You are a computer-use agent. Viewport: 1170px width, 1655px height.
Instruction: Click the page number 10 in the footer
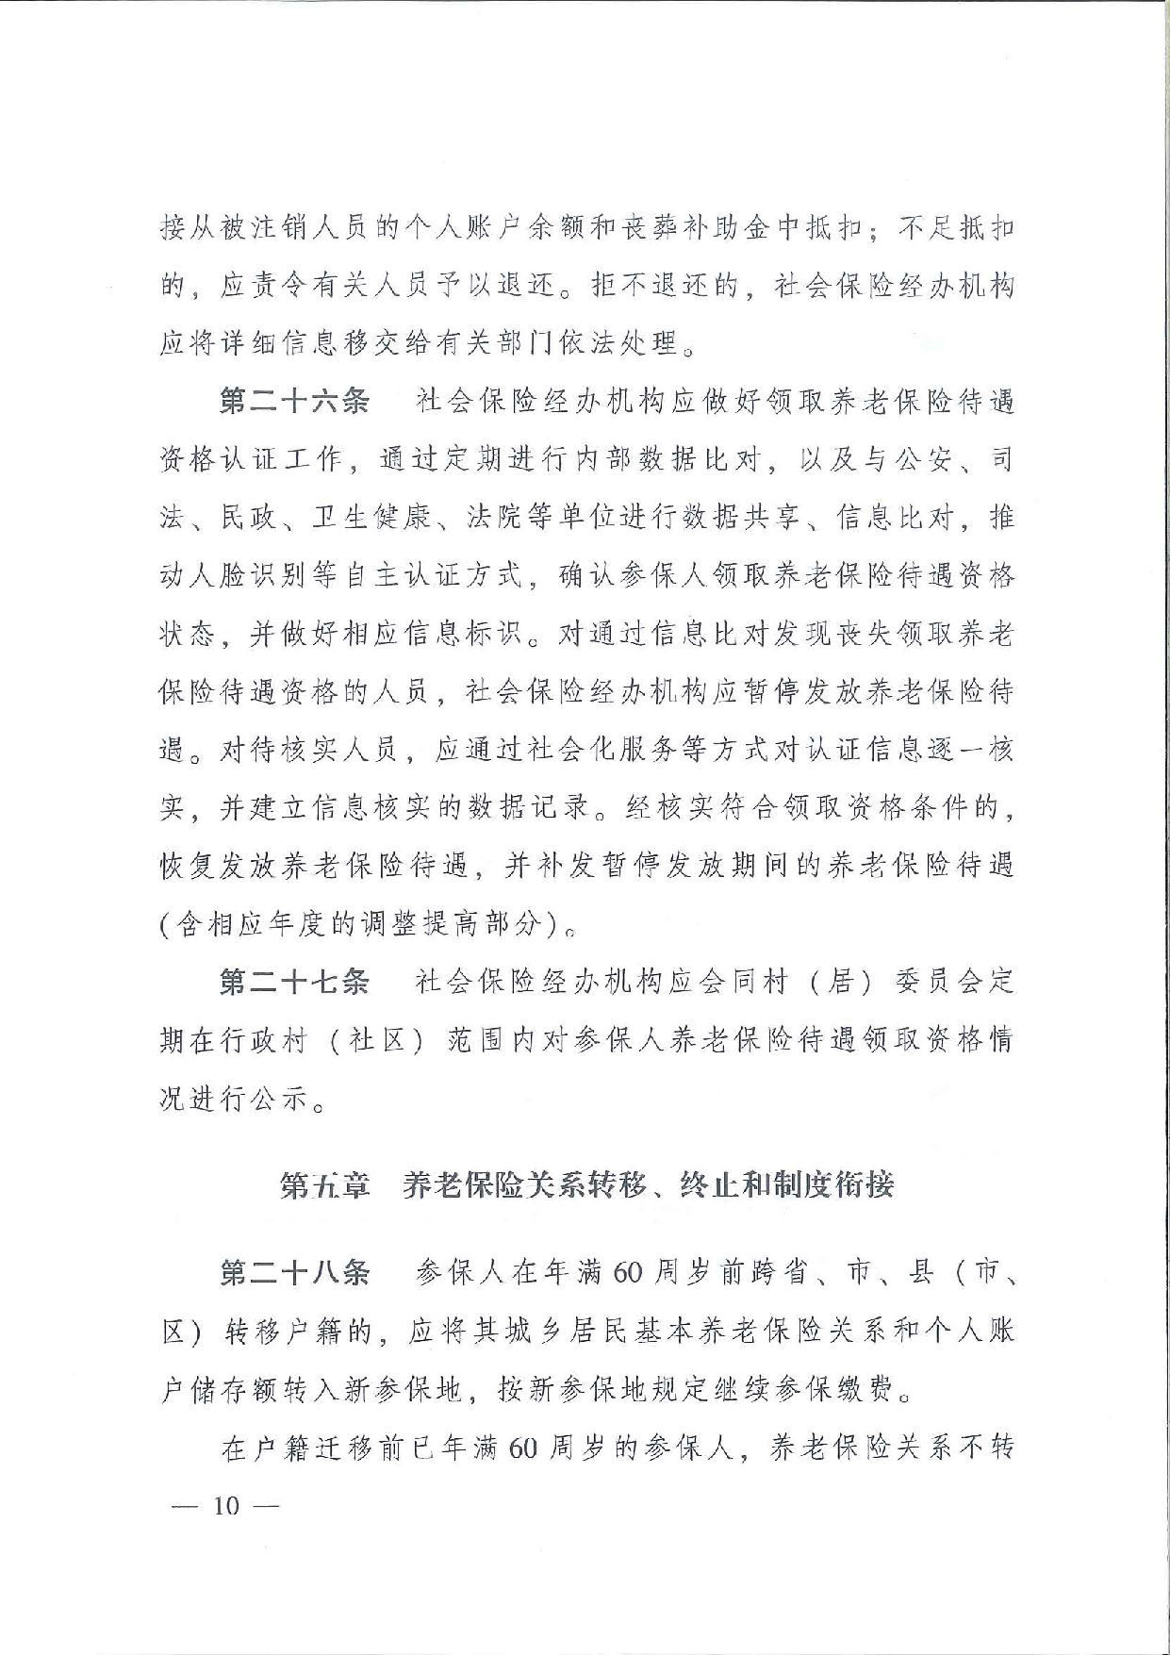point(226,1505)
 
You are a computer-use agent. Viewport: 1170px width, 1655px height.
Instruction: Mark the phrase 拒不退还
point(651,286)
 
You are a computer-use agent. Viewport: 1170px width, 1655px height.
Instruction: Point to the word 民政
point(249,518)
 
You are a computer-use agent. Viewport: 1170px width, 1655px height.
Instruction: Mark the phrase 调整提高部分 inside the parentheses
point(446,924)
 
